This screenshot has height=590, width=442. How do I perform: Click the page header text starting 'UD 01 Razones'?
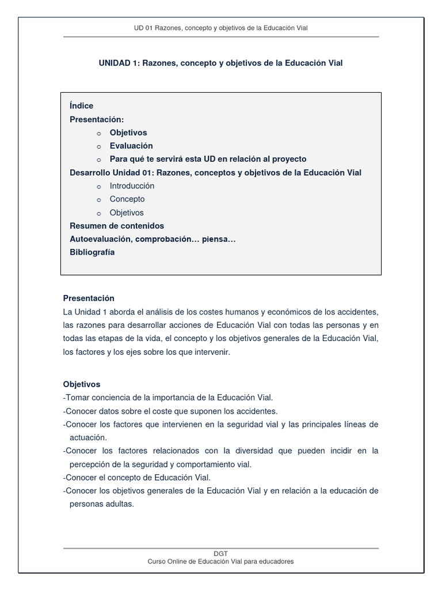(220, 28)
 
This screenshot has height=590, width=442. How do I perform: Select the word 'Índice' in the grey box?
(81, 106)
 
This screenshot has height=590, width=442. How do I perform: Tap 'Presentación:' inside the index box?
(97, 119)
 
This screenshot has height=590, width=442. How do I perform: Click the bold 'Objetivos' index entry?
(128, 133)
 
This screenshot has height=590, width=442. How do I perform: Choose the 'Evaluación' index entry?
(131, 146)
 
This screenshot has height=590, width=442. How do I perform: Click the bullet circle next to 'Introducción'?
(98, 187)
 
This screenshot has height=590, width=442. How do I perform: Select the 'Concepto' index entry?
(127, 199)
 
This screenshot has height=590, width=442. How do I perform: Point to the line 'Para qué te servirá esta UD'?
(208, 159)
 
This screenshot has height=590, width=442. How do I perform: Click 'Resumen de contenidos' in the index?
(117, 226)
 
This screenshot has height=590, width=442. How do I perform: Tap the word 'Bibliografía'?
(92, 252)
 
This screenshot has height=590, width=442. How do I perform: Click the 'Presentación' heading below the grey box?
(89, 298)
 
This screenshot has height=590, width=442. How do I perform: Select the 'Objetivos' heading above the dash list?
(81, 384)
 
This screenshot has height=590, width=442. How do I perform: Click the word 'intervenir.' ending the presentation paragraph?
(211, 352)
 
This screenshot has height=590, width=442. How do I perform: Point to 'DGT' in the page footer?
(220, 554)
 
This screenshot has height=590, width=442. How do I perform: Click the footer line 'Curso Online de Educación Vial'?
(220, 562)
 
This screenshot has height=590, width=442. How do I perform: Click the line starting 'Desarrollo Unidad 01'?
(215, 173)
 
